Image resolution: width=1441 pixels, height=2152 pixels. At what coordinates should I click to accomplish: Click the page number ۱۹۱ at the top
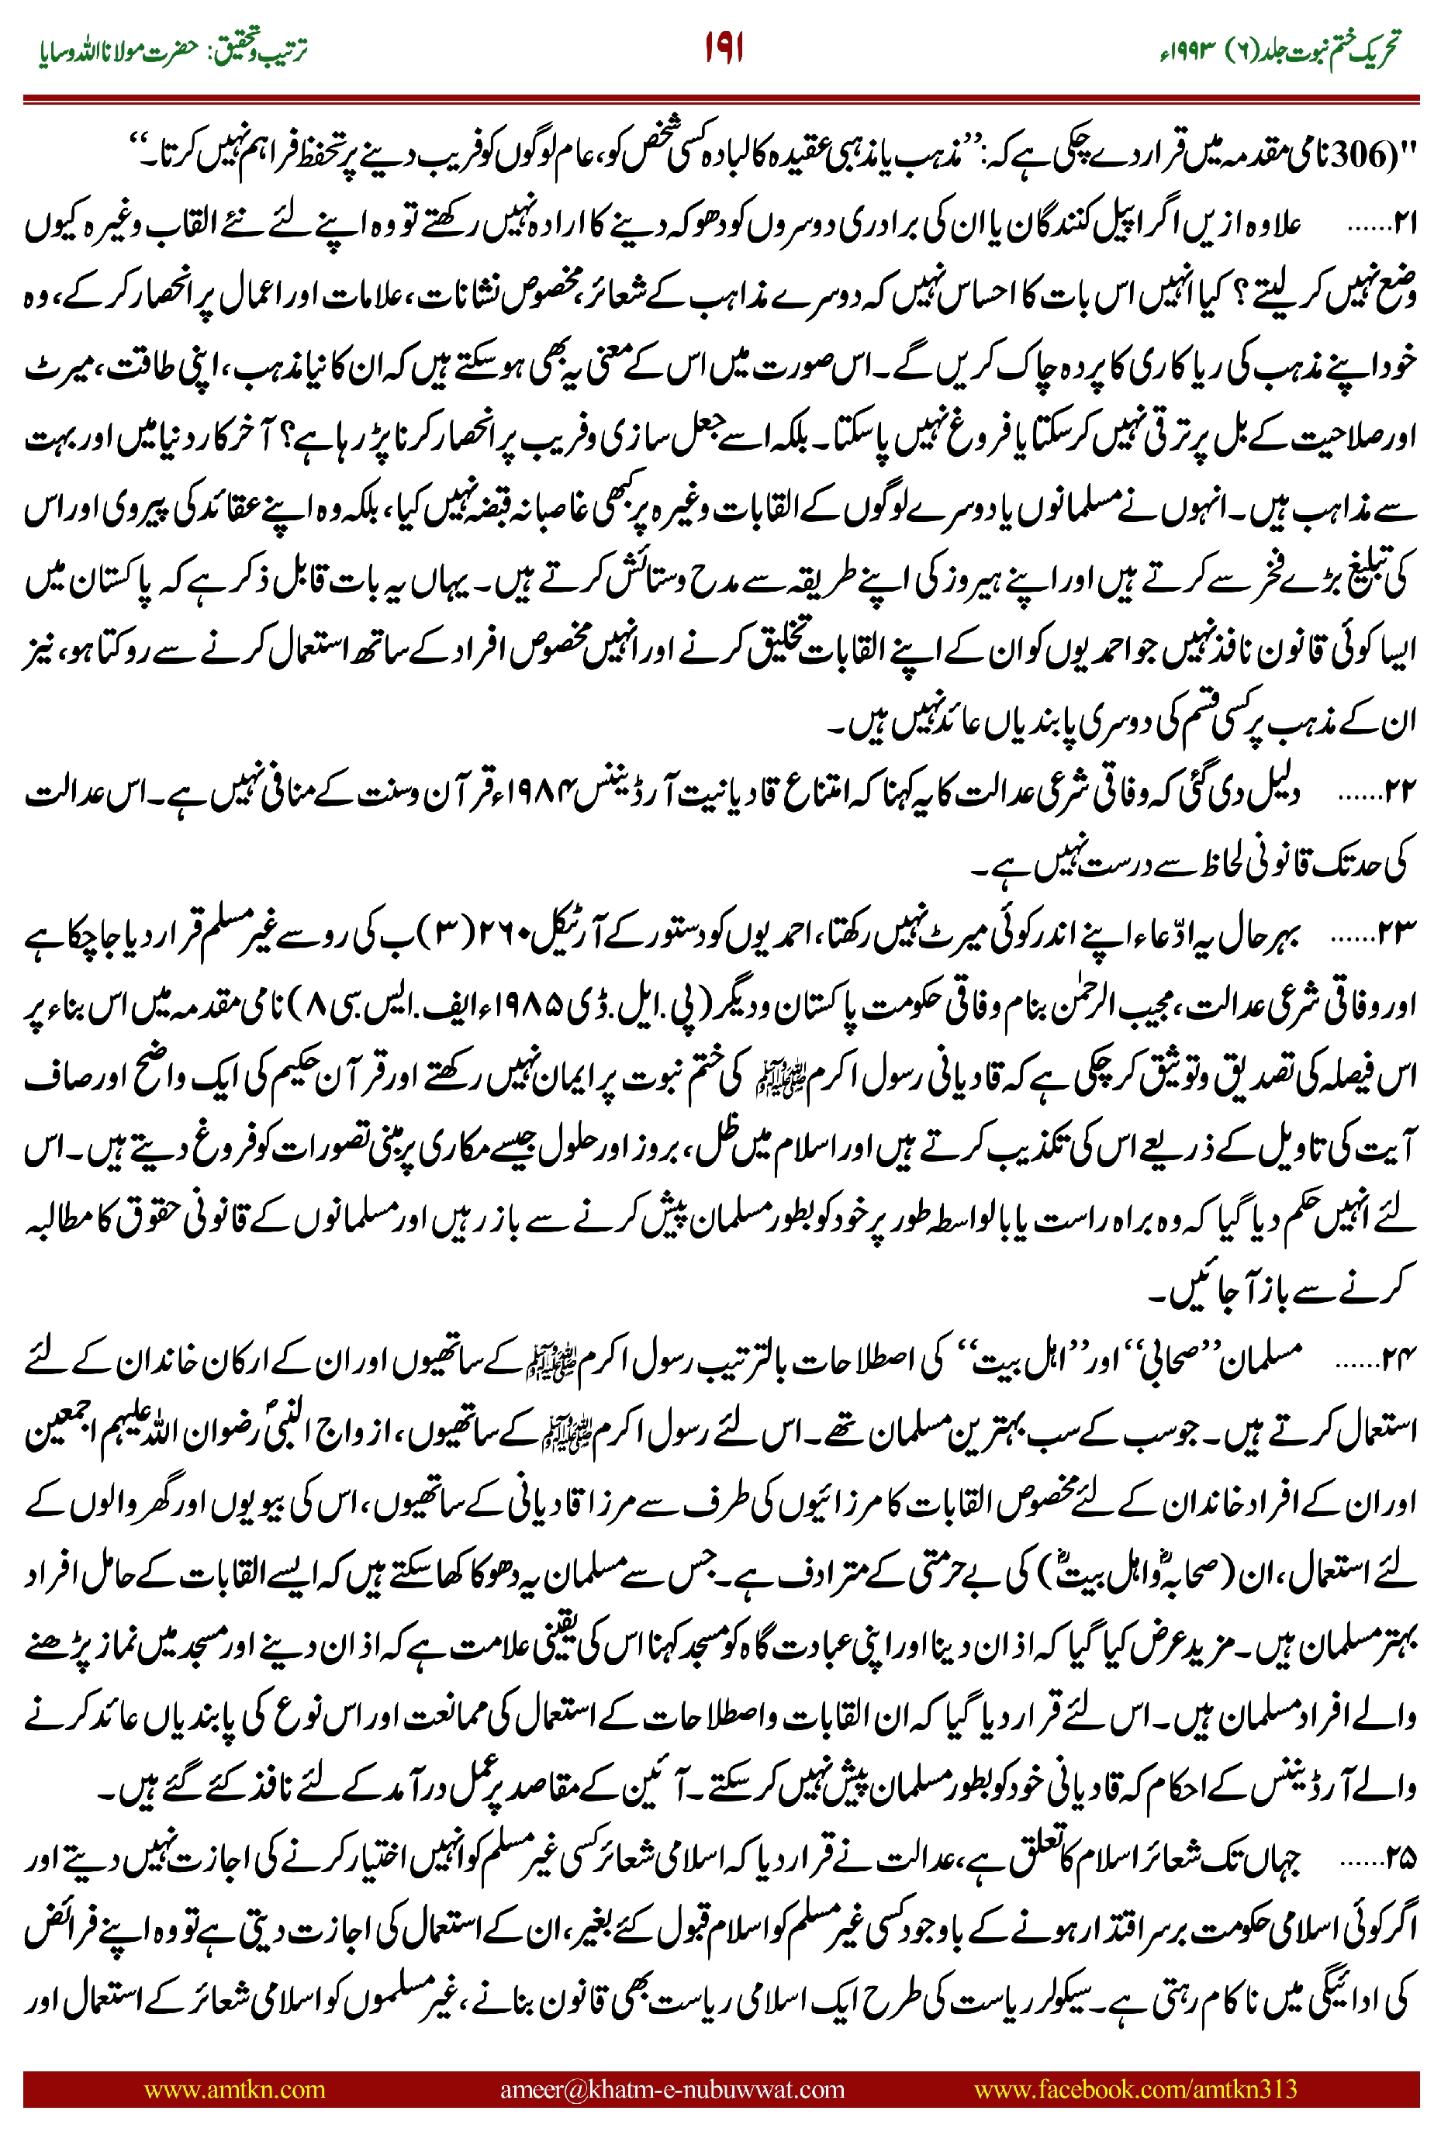tap(724, 48)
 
